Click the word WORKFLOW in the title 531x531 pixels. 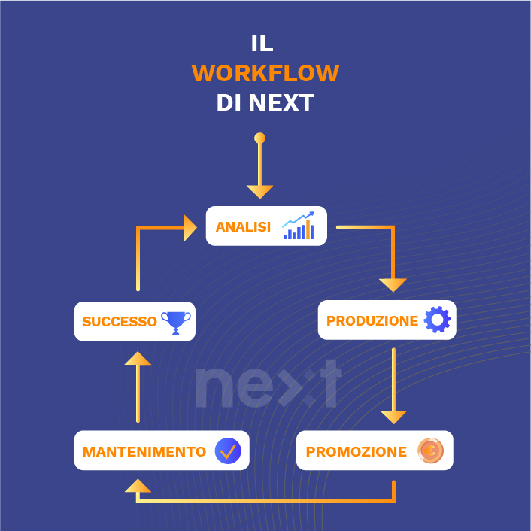[265, 74]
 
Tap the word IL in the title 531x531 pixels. [262, 44]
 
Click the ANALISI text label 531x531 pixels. [243, 227]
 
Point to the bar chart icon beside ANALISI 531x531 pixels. [299, 226]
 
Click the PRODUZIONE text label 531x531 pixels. [372, 321]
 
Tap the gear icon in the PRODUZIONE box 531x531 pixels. [437, 320]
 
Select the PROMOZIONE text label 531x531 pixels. [356, 452]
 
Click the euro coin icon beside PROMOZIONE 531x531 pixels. [430, 451]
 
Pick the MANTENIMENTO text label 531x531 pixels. [144, 452]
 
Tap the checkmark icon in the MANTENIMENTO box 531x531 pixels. [227, 451]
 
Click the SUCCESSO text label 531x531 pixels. [120, 322]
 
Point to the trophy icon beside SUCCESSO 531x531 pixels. [176, 322]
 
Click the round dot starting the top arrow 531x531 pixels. [259, 138]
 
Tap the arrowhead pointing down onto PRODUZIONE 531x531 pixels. [393, 284]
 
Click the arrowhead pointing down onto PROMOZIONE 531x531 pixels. [393, 417]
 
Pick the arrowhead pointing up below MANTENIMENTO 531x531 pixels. [138, 486]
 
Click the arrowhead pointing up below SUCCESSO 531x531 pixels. [138, 358]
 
